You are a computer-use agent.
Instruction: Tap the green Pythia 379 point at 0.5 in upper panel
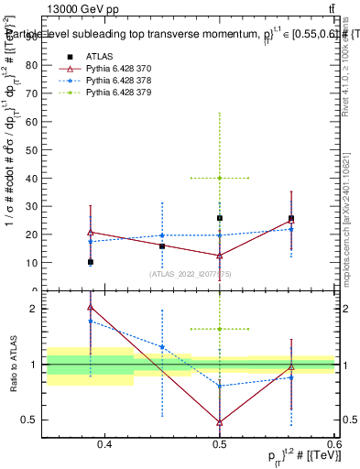(x=220, y=178)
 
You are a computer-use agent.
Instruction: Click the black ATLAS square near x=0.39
(x=91, y=262)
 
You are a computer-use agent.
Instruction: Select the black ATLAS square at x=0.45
(x=162, y=245)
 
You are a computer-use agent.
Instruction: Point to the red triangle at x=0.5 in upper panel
(x=220, y=256)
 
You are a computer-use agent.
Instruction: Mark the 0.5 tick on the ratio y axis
(x=33, y=420)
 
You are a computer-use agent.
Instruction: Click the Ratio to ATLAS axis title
(x=13, y=365)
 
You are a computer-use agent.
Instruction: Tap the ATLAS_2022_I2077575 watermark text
(x=191, y=273)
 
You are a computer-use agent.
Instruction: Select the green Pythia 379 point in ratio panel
(x=220, y=329)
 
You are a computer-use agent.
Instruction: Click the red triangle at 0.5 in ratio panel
(x=220, y=422)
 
